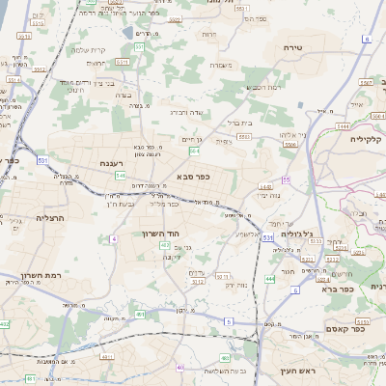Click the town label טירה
coord(294,46)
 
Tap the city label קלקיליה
coord(367,138)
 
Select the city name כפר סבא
coord(194,177)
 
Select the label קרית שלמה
coord(88,50)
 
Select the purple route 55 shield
coord(286,180)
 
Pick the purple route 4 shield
coord(114,238)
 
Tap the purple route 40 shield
coord(180,368)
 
